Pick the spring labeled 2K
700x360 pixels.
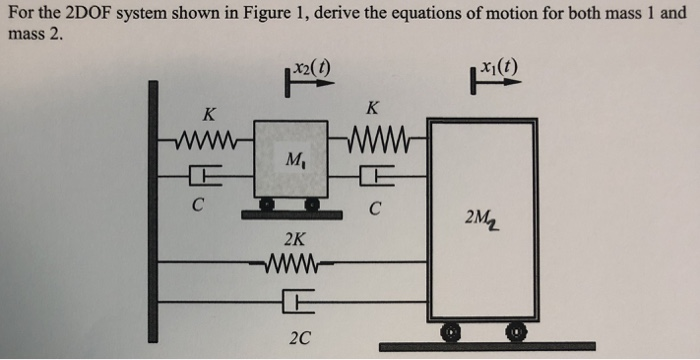(296, 265)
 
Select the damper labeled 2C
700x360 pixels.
(299, 299)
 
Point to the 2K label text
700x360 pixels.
(295, 240)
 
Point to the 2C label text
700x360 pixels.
(299, 338)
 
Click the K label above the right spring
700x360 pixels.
(372, 106)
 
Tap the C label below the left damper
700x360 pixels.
(200, 208)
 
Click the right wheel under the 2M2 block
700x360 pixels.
(519, 330)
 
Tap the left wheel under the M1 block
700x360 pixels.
(267, 206)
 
